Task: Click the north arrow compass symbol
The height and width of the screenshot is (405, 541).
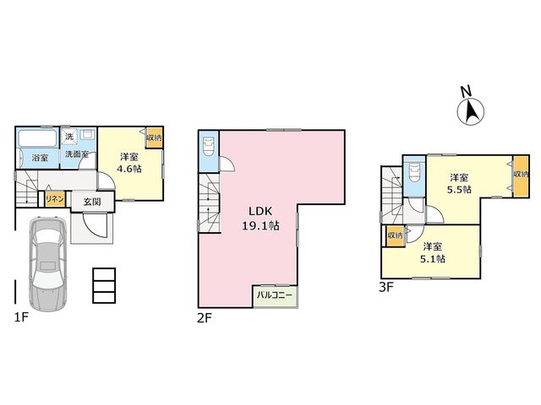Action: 470,111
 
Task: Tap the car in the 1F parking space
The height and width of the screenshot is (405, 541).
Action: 47,263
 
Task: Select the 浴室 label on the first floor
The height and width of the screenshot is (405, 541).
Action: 40,158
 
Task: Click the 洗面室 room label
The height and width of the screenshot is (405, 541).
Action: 77,154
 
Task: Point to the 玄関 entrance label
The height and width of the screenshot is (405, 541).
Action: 92,202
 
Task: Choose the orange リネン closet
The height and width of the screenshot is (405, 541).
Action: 55,199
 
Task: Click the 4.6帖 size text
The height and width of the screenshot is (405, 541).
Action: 129,169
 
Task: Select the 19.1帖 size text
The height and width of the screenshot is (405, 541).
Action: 261,226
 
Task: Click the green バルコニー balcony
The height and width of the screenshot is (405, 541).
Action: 276,296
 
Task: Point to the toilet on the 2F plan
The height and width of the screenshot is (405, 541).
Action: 209,147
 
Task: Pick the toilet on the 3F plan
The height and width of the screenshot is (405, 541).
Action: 413,173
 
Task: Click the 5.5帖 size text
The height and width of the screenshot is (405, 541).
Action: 459,190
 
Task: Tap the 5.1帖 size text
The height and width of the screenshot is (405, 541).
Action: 432,259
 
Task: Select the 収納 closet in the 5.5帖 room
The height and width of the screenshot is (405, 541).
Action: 521,176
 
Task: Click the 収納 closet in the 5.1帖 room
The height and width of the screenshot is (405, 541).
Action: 396,236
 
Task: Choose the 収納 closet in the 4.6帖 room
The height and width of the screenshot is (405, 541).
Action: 154,138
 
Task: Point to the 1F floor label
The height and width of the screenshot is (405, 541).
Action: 21,317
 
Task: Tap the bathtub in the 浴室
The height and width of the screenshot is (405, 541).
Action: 38,138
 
